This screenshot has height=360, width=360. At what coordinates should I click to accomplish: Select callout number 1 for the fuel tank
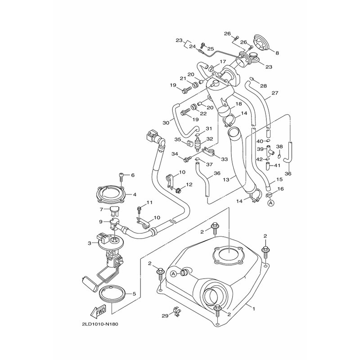point(254,309)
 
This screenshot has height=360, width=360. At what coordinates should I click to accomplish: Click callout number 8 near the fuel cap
point(277,53)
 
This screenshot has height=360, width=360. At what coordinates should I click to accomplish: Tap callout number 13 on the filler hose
point(226,180)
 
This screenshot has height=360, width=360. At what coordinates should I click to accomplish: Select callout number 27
point(275,93)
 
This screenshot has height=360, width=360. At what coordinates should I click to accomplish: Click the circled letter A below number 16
point(271,203)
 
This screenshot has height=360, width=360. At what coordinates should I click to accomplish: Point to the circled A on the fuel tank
point(174,274)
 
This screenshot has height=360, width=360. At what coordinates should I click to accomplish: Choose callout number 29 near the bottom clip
point(165,316)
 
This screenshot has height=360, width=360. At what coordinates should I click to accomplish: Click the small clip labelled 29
point(176,311)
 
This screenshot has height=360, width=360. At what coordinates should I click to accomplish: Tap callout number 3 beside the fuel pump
point(90,243)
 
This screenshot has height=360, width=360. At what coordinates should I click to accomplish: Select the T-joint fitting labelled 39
point(270,151)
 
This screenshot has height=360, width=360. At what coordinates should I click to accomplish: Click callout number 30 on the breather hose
point(166,123)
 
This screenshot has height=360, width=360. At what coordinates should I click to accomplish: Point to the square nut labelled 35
point(189,144)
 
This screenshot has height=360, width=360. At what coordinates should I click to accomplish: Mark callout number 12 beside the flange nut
point(189,184)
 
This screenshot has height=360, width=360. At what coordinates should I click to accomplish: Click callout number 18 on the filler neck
point(238,104)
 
